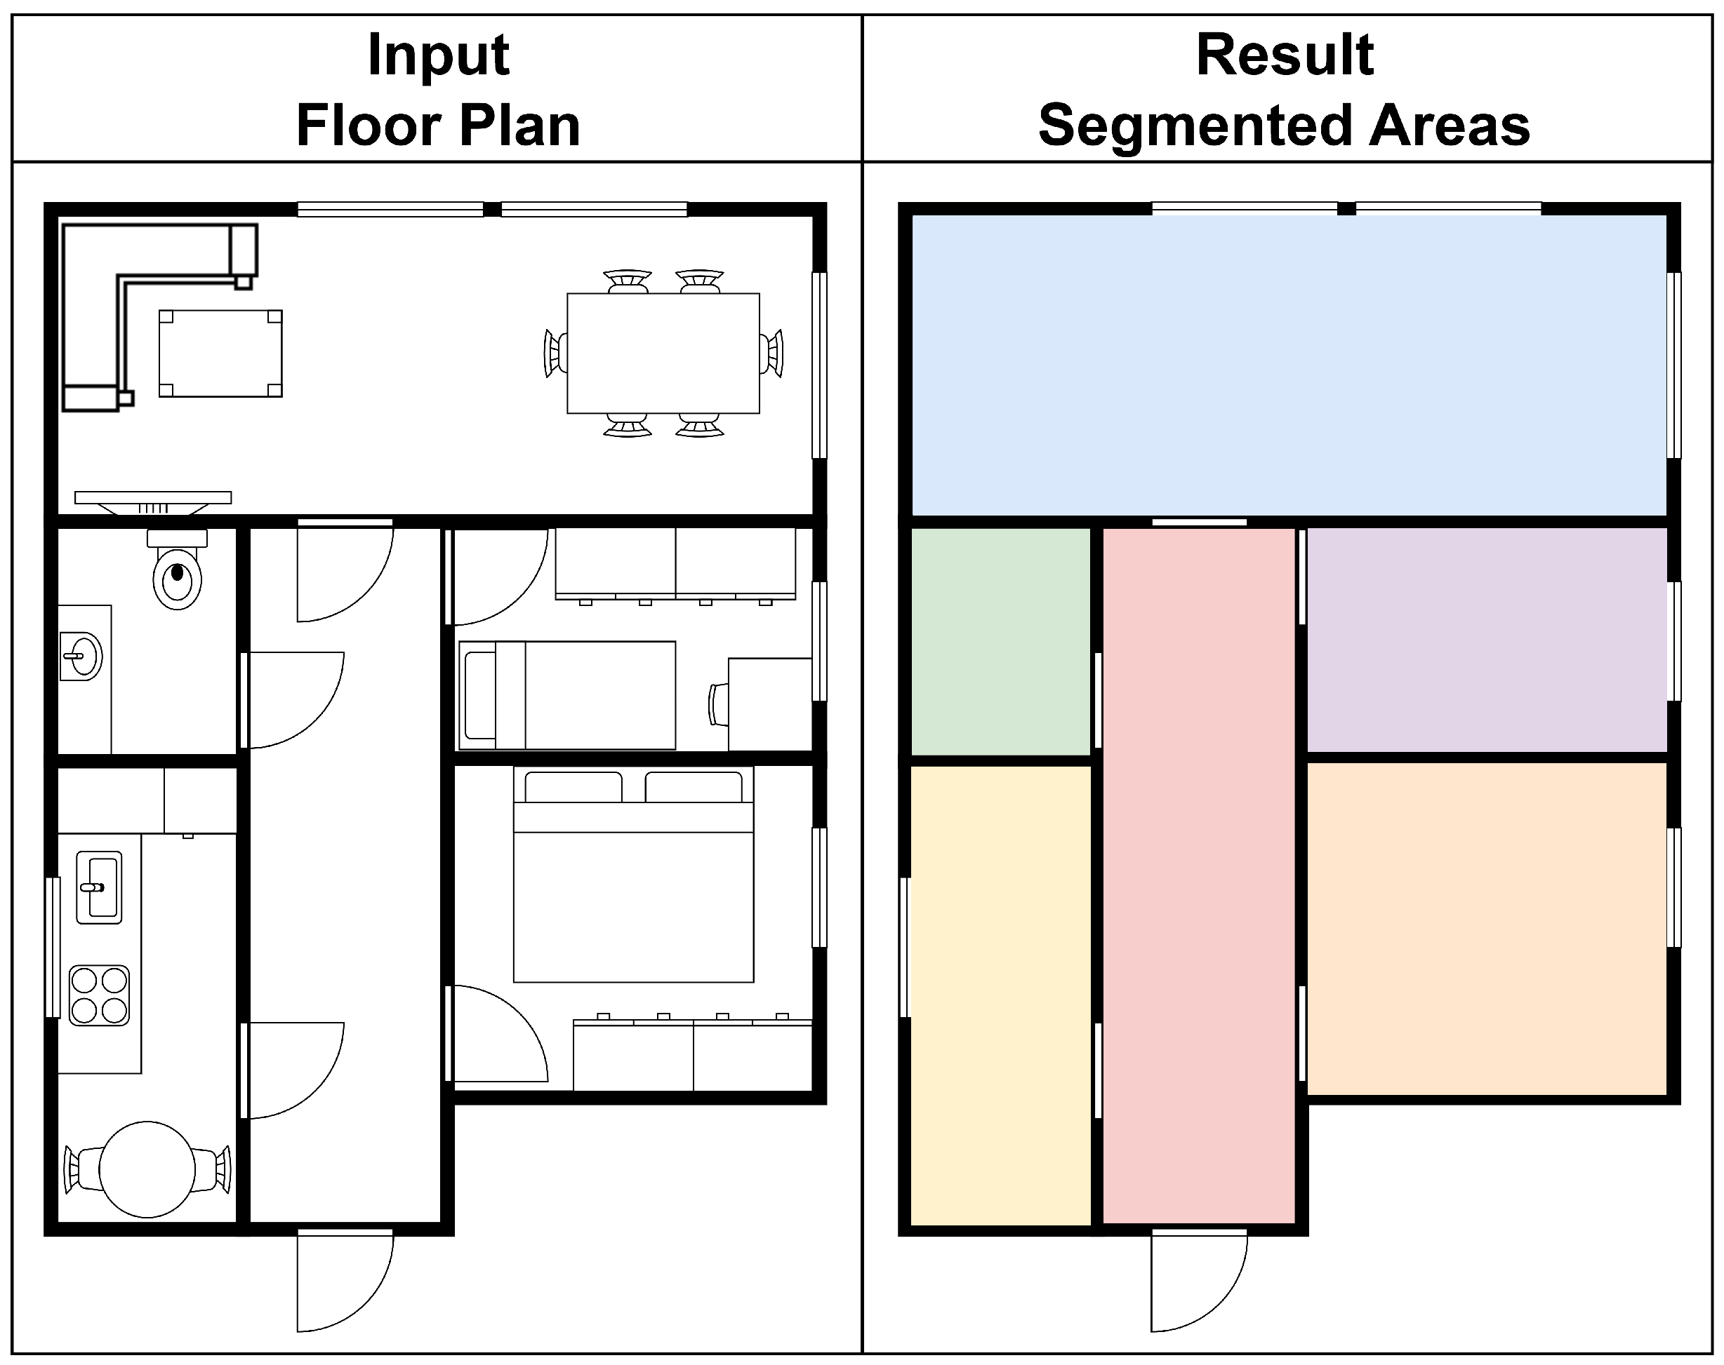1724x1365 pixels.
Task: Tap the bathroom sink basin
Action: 81,656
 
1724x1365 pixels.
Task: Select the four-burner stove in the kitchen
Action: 99,996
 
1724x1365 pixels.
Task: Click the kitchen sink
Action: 99,887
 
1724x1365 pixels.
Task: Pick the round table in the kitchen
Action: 147,1170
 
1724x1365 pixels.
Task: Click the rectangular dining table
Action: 663,354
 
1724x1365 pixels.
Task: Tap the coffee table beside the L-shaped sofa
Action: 220,354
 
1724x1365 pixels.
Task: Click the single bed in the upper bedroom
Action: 568,695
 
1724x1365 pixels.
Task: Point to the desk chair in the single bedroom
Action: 718,705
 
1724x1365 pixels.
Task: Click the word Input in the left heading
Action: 438,57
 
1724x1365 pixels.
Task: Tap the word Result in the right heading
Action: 1285,55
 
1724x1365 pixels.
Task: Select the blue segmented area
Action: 1289,365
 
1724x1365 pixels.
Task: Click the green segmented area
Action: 1001,641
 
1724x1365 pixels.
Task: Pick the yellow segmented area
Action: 1001,995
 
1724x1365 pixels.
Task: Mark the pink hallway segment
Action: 1200,875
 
